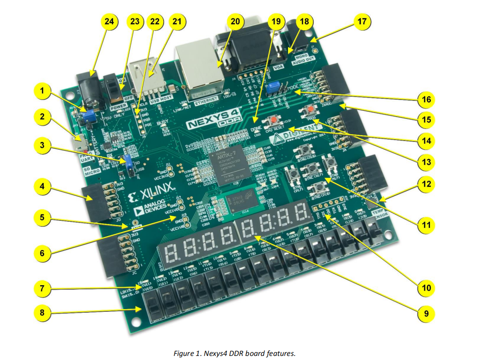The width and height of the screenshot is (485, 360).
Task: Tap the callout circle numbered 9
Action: pyautogui.click(x=424, y=313)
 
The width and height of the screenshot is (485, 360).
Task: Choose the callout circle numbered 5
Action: pyautogui.click(x=42, y=218)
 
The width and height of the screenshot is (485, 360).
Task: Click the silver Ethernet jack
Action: pyautogui.click(x=197, y=70)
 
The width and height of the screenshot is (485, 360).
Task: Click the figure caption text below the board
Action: pyautogui.click(x=234, y=353)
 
